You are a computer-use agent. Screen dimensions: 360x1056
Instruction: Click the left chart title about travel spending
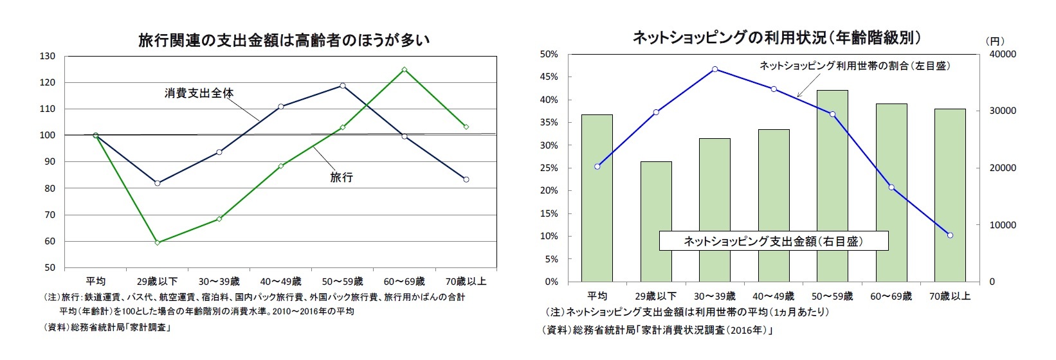(x=284, y=40)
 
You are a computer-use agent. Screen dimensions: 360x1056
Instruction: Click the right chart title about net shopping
(x=777, y=38)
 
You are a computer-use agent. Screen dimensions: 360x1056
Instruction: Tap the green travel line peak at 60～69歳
(x=405, y=69)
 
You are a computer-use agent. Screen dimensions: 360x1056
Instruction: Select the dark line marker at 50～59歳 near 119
(x=342, y=85)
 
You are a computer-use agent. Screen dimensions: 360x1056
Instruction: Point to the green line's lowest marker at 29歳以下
(x=157, y=242)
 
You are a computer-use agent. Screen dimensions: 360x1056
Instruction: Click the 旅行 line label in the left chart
(x=341, y=177)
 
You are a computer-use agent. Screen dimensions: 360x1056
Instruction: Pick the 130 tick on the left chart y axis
(x=48, y=56)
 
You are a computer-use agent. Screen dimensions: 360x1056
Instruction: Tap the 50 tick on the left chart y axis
(x=50, y=267)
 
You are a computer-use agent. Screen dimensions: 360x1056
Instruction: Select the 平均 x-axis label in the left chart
(x=96, y=282)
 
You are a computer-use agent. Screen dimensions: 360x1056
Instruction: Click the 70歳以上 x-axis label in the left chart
(x=466, y=282)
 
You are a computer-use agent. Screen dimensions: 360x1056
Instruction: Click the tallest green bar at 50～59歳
(x=832, y=186)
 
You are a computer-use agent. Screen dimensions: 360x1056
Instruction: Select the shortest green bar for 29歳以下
(x=655, y=222)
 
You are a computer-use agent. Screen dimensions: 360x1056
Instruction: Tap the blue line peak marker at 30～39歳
(x=715, y=69)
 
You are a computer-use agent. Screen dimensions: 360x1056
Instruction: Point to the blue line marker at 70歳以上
(x=950, y=235)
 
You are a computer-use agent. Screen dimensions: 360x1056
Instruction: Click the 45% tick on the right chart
(x=549, y=77)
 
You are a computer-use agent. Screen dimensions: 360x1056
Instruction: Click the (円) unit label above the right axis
(x=994, y=40)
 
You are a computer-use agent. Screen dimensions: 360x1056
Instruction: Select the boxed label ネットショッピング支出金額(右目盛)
(x=773, y=241)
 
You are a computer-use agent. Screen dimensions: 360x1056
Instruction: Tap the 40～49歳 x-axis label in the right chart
(x=773, y=296)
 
